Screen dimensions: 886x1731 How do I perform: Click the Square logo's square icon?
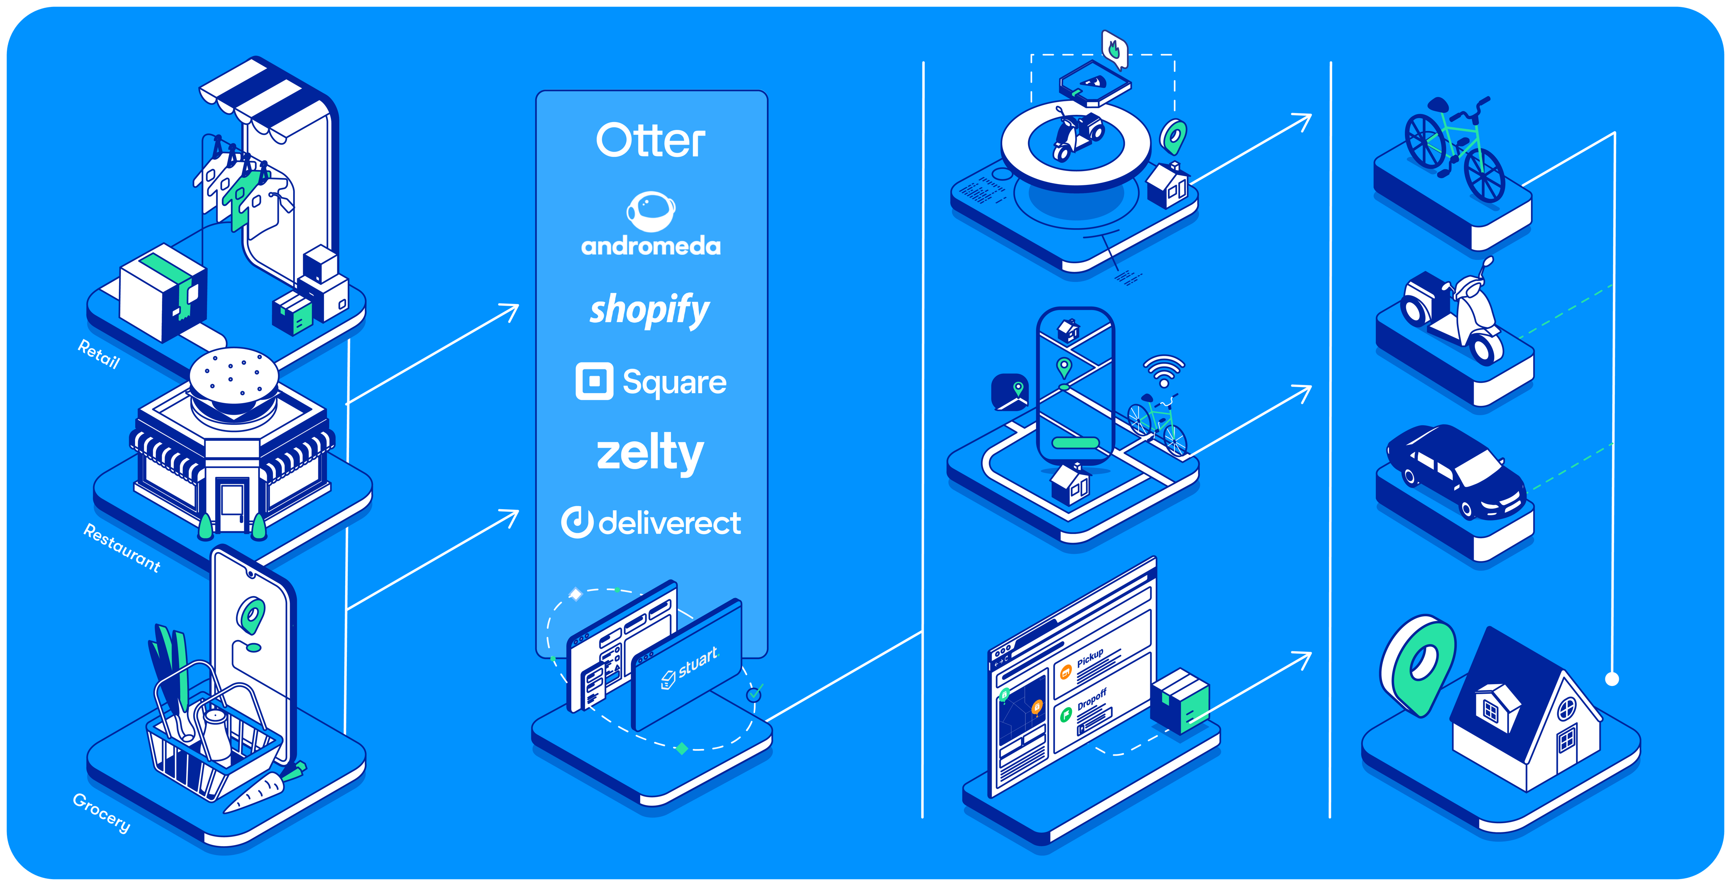[594, 382]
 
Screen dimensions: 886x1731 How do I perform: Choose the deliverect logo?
[650, 523]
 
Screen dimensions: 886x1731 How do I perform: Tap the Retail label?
[99, 354]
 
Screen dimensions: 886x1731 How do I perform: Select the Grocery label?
[101, 813]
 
